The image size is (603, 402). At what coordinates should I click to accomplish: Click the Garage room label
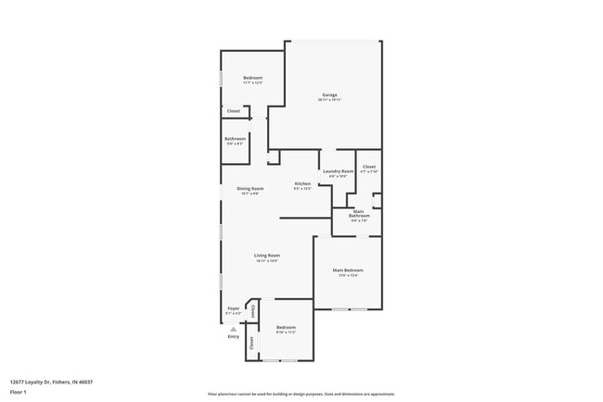[329, 94]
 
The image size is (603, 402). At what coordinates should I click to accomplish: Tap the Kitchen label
[302, 183]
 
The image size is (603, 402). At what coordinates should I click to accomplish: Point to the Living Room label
[268, 255]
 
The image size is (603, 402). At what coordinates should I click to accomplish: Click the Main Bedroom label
[348, 270]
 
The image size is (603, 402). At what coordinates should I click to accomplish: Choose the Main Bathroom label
[360, 215]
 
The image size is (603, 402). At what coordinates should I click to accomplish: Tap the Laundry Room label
[338, 171]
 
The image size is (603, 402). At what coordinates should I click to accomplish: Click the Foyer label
[233, 308]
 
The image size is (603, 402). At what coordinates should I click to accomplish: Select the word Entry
[233, 336]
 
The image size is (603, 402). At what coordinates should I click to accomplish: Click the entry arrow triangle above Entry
[233, 328]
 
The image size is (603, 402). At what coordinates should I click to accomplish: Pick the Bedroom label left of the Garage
[252, 77]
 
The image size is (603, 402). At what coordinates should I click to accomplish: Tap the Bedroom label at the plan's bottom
[286, 327]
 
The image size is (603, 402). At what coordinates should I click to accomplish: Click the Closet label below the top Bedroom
[234, 111]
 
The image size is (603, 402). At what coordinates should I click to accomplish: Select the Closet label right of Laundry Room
[368, 167]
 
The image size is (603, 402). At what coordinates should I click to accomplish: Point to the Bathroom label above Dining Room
[235, 139]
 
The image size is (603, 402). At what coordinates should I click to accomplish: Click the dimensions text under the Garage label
[329, 100]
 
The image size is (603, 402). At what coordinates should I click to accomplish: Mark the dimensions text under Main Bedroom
[348, 275]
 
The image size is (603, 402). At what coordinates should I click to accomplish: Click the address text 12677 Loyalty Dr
[51, 382]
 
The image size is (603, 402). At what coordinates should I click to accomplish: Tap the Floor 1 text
[19, 393]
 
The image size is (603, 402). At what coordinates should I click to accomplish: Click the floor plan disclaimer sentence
[301, 394]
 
